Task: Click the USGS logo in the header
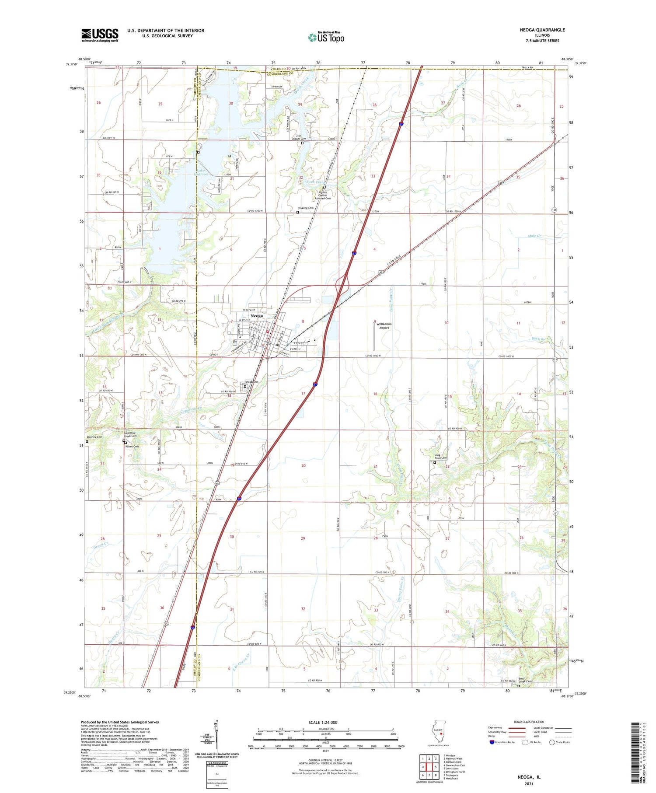coord(100,35)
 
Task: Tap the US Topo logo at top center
coord(326,37)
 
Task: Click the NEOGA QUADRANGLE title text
coord(542,30)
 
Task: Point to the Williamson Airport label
coord(384,326)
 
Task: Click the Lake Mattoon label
coord(202,172)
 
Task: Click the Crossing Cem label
coord(305,208)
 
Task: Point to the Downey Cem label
coord(94,437)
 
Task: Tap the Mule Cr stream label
coord(534,236)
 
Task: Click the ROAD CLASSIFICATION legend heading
coord(528,722)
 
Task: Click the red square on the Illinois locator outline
coord(442,734)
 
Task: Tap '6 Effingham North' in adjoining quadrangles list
coord(454,772)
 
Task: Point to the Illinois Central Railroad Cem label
coord(323,195)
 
